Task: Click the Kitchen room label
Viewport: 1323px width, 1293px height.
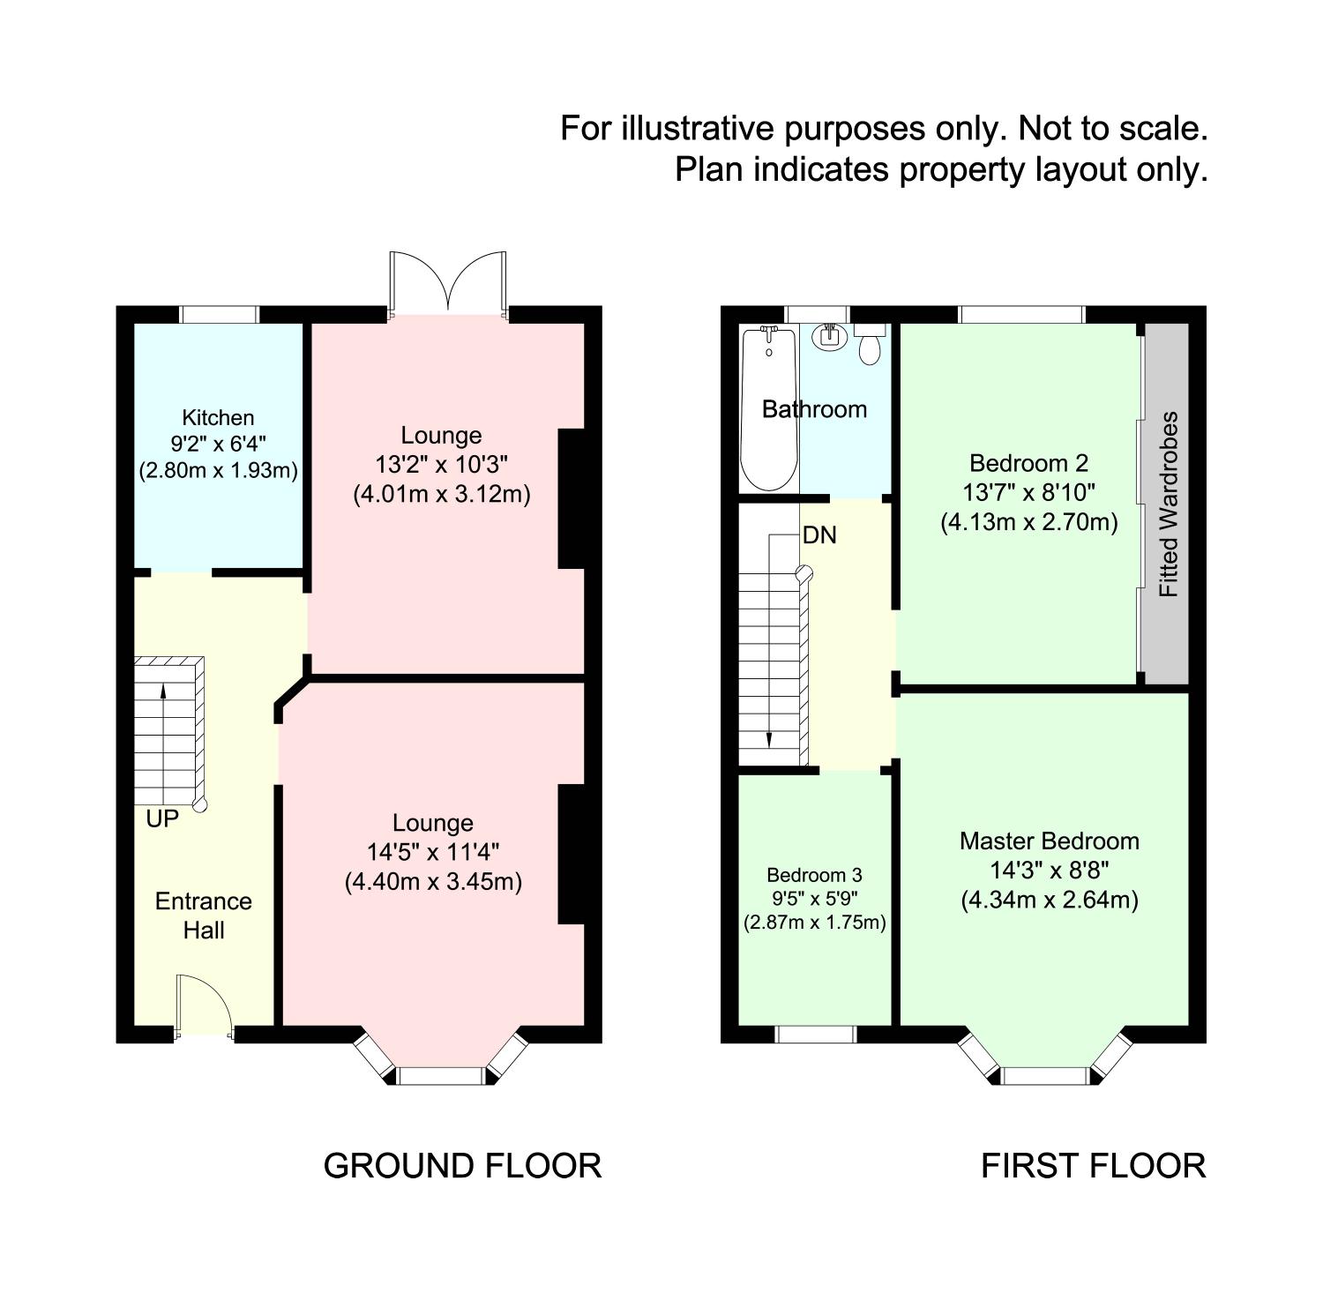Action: [218, 417]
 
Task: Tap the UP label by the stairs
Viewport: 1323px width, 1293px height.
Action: [162, 818]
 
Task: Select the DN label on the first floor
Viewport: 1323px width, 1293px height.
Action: [819, 535]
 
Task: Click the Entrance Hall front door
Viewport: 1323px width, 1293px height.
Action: [203, 1005]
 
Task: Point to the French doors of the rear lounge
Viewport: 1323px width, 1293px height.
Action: [449, 284]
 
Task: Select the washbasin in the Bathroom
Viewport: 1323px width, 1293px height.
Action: [829, 336]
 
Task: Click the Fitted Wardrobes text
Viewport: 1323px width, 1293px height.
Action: [1168, 504]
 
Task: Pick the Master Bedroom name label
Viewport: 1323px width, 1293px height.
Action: [1049, 841]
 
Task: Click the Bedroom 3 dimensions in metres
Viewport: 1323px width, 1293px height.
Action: [814, 923]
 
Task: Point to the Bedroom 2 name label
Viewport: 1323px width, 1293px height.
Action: [1028, 463]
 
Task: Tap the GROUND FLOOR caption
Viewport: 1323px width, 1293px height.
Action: [462, 1165]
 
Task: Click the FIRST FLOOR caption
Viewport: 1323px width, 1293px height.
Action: [1093, 1165]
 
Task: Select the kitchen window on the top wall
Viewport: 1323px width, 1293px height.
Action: [219, 314]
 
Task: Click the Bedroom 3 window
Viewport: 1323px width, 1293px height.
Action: [816, 1034]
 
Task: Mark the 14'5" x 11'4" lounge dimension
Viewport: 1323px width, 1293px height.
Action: [432, 852]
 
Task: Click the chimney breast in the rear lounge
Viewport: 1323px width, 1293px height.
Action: [572, 499]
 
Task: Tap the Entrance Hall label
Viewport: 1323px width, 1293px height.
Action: [204, 915]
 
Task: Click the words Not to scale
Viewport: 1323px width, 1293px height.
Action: [1112, 129]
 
